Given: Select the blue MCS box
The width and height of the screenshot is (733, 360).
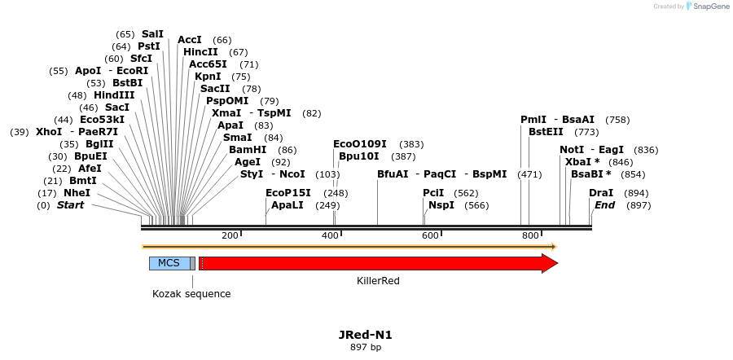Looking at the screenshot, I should tap(169, 263).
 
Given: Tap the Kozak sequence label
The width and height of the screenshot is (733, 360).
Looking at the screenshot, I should tap(191, 293).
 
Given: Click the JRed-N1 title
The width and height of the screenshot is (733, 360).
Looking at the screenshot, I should tap(366, 335).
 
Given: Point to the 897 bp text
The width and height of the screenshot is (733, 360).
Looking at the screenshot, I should tap(366, 347).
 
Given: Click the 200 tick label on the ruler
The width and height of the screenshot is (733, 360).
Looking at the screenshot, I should tap(230, 235).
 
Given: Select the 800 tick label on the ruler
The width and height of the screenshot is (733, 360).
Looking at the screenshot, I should tap(530, 235).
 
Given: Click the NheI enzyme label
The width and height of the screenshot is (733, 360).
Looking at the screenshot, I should tap(77, 193).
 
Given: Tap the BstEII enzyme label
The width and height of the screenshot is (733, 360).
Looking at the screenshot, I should tap(546, 132).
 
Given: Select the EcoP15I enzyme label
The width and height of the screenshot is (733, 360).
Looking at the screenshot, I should tap(288, 193).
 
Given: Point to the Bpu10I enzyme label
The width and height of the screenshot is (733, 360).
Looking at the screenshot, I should tap(359, 156).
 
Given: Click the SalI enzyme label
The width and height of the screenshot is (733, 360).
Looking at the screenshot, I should tap(152, 34).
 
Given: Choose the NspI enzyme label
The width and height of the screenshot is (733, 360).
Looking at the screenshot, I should tap(441, 205).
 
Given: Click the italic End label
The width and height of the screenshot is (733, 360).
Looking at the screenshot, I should tap(604, 205).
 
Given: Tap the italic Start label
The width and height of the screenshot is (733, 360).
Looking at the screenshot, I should tap(70, 205).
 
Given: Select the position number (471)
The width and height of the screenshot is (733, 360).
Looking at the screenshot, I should tap(529, 174).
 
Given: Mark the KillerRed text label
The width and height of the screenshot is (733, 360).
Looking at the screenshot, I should tap(378, 281).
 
